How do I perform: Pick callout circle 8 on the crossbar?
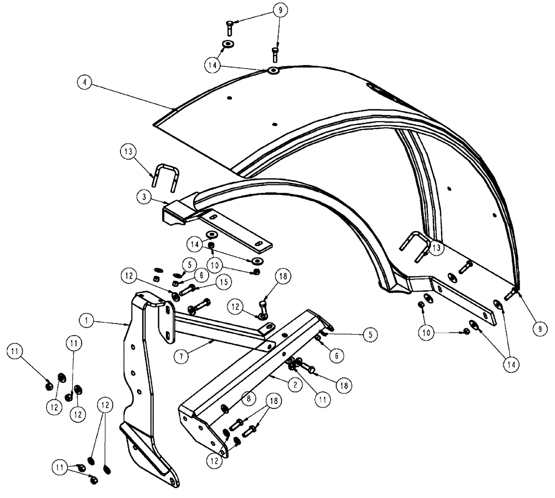(x=249, y=399)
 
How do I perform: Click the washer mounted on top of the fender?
(x=273, y=71)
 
